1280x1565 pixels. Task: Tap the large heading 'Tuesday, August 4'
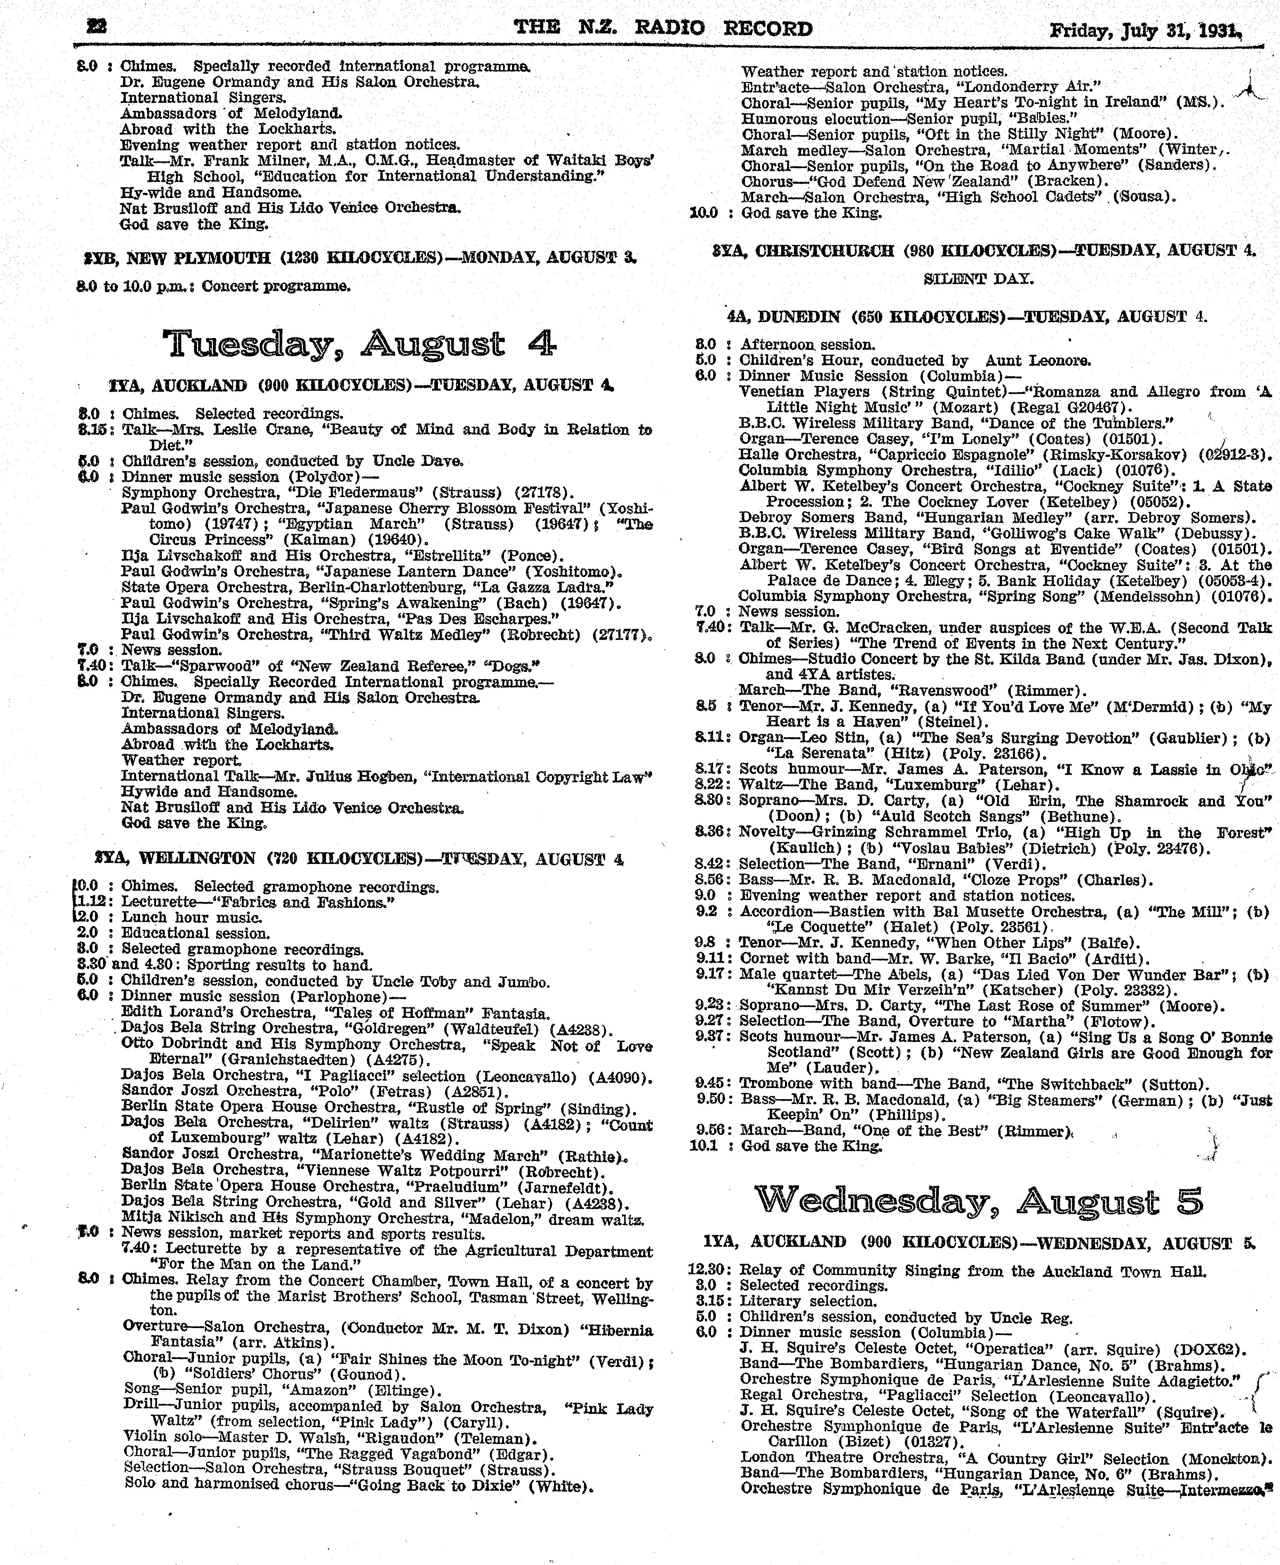tap(359, 344)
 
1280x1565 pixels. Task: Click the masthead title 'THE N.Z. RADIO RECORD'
tap(663, 29)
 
